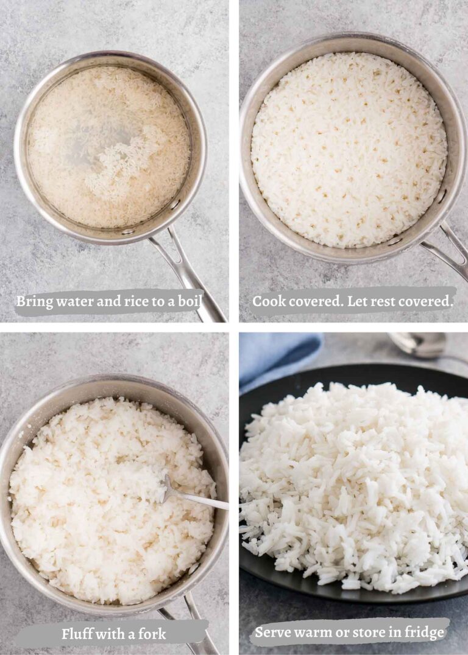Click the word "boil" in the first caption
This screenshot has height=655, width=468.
(x=189, y=301)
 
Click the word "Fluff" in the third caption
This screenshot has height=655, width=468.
(x=77, y=634)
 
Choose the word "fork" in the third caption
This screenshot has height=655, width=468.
(x=151, y=634)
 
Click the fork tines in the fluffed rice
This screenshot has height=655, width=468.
(x=166, y=487)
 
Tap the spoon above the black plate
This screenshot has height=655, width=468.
(x=420, y=345)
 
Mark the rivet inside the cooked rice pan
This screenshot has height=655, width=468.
(x=441, y=197)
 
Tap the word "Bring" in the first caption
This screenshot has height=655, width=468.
(x=32, y=301)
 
